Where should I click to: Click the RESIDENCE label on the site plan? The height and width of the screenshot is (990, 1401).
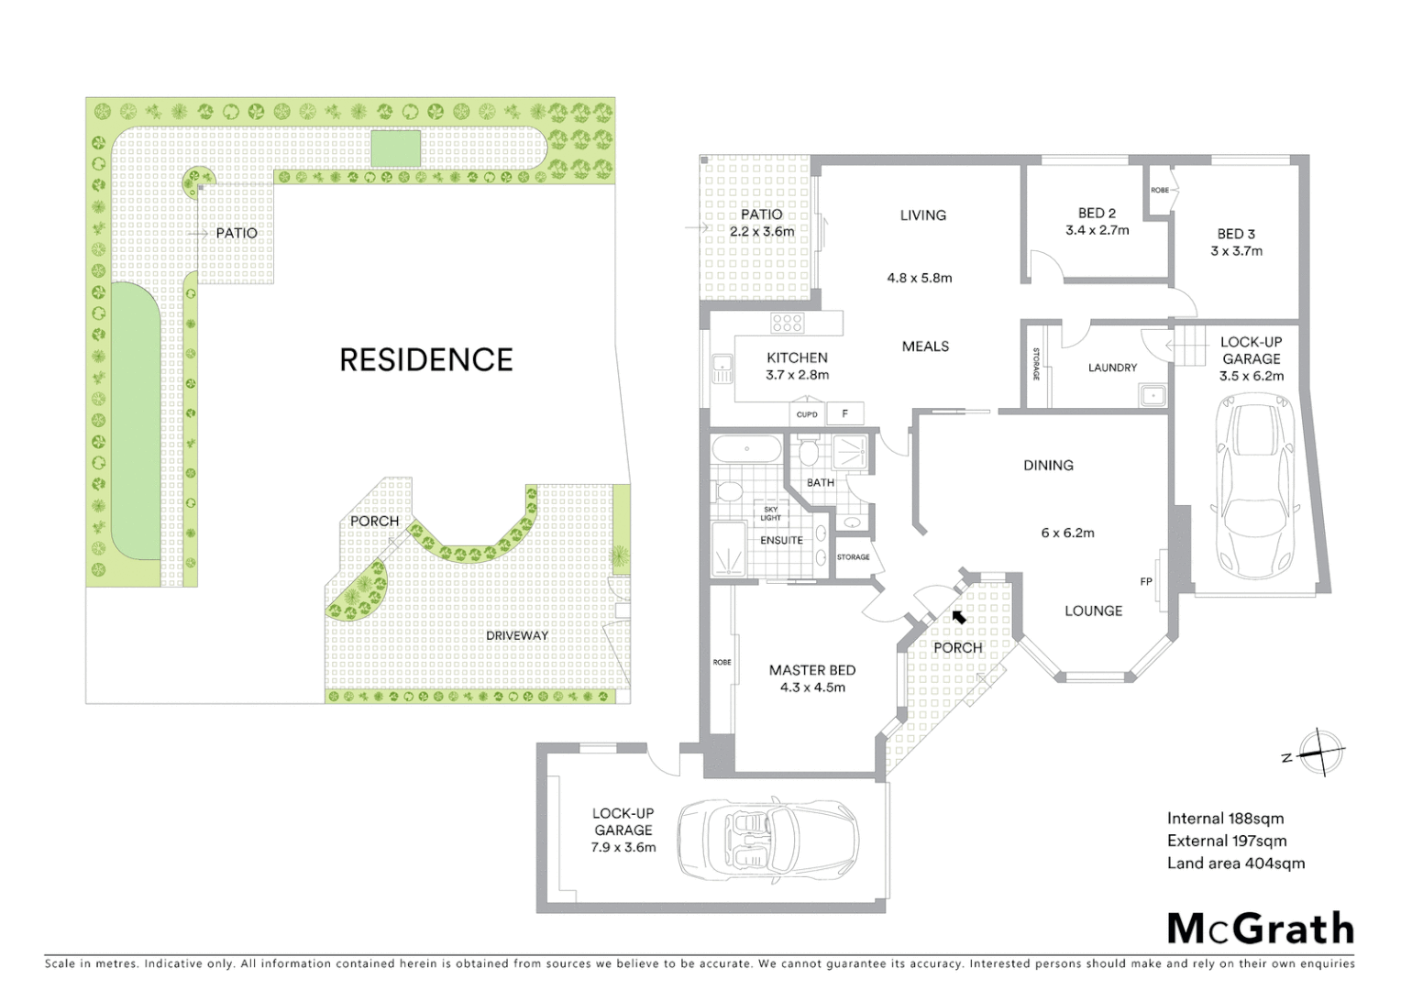tap(425, 359)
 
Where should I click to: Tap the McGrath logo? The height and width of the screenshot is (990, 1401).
tap(1260, 929)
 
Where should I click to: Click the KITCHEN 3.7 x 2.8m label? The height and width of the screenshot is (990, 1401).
tap(797, 366)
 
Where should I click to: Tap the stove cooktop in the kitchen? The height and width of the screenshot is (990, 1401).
tap(787, 323)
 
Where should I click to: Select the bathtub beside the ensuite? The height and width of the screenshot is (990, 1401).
tap(747, 449)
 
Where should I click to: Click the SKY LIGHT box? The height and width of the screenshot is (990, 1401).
tap(771, 513)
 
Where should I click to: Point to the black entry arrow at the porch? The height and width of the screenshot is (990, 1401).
tap(958, 617)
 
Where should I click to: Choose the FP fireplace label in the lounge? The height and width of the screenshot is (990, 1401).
tap(1145, 582)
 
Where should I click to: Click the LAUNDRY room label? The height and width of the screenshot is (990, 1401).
tap(1112, 368)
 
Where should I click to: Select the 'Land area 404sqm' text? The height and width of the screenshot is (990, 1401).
tap(1235, 863)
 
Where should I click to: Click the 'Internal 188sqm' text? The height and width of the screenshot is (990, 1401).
tap(1225, 819)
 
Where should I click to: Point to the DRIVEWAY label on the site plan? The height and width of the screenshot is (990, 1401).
tap(517, 635)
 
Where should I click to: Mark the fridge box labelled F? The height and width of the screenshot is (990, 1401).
tap(844, 414)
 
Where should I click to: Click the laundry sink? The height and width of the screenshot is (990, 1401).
tap(1152, 395)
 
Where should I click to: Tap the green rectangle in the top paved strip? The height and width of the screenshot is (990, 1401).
tap(395, 148)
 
